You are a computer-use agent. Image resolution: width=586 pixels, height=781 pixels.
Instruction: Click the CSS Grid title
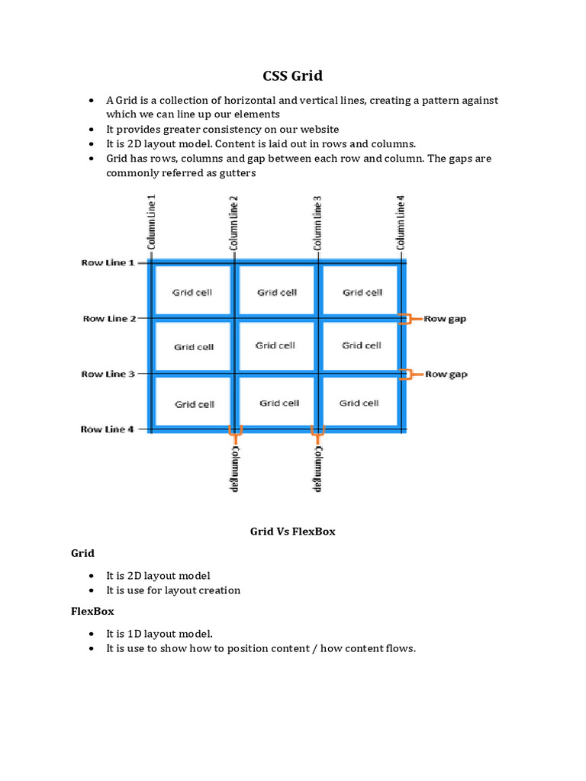point(293,76)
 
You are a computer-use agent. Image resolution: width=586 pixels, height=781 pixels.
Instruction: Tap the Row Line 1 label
point(108,263)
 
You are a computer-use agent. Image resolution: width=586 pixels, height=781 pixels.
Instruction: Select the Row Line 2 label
point(109,319)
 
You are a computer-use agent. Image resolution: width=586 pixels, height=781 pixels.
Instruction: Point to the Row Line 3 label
point(108,374)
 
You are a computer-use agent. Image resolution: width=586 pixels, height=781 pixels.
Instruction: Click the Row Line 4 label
point(108,429)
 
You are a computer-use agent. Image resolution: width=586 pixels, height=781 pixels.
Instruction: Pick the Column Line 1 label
point(151,221)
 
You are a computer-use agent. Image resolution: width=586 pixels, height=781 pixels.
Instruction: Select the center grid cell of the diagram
point(275,346)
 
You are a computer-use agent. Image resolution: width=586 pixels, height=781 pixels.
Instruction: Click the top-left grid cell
point(192,292)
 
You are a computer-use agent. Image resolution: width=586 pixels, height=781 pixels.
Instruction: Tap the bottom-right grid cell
point(359,403)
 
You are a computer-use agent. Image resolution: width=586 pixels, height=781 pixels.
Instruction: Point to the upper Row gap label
point(445,319)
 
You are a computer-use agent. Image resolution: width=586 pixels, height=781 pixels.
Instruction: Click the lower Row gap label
point(446,374)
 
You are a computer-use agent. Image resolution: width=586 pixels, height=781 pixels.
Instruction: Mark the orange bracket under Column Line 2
point(235,434)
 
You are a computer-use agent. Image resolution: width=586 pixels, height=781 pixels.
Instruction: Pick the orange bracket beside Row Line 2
point(408,319)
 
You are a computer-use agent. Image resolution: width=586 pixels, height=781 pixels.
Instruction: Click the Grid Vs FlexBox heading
point(293,532)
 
